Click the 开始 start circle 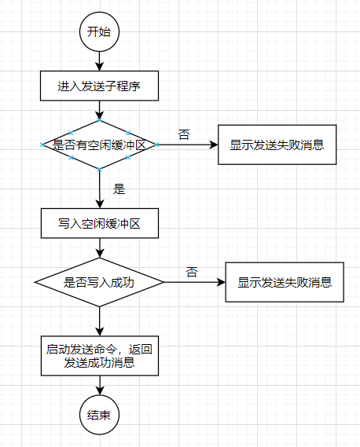[x=99, y=32]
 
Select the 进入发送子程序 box [x=99, y=86]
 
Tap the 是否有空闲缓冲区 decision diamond [x=99, y=145]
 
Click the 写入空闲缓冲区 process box [x=99, y=223]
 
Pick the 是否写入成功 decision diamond [x=99, y=281]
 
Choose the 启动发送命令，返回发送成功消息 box [x=99, y=356]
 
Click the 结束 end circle [x=99, y=413]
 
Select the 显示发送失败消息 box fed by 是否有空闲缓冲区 [x=277, y=145]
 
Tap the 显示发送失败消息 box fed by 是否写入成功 [x=285, y=281]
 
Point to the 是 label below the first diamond [x=119, y=189]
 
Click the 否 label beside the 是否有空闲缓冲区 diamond [x=183, y=134]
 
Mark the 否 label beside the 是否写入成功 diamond [x=192, y=272]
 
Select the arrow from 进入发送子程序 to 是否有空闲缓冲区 [x=99, y=111]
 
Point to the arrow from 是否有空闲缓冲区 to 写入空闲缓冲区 [x=99, y=189]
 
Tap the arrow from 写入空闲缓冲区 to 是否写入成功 [x=99, y=247]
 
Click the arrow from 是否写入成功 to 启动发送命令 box [x=99, y=321]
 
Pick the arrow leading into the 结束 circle [x=99, y=385]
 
